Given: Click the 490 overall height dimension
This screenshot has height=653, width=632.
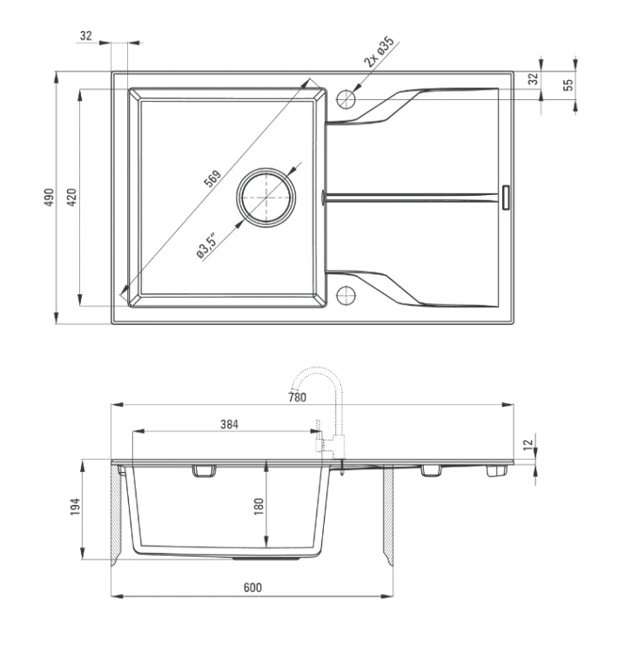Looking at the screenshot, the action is [49, 197].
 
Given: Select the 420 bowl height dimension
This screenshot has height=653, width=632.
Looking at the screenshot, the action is [71, 197].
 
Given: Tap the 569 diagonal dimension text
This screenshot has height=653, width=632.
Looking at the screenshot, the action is [212, 178].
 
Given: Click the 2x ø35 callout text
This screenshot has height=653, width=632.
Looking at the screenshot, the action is [379, 52].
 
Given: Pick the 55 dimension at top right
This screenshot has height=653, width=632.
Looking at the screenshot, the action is [568, 84].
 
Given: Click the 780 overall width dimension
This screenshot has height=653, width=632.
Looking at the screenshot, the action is [297, 397].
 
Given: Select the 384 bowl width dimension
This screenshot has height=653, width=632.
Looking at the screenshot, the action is [230, 424].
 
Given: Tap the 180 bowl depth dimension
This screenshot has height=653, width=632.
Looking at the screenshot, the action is [259, 507].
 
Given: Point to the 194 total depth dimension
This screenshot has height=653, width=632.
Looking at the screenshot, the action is [75, 507].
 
